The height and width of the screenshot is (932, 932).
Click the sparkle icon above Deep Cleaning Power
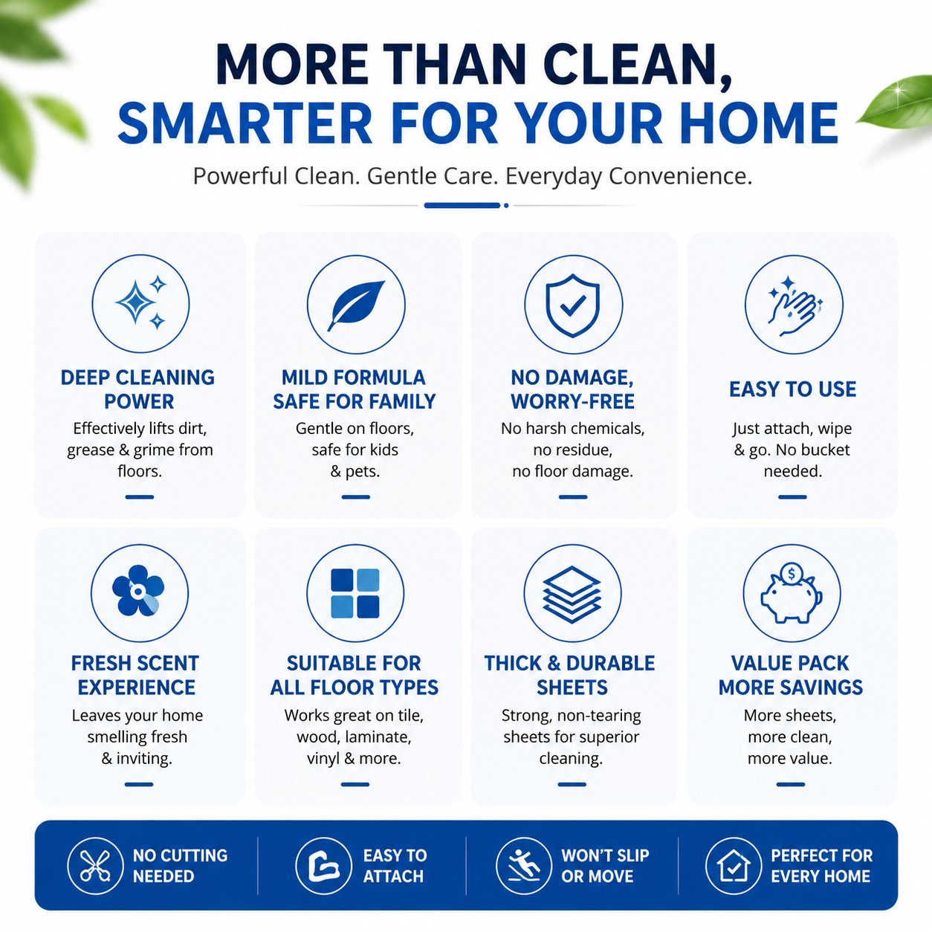click(x=140, y=303)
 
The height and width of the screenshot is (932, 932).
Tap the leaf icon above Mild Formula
click(x=356, y=305)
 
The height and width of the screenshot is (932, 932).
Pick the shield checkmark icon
click(x=573, y=305)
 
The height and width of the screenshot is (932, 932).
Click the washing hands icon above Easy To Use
click(x=794, y=305)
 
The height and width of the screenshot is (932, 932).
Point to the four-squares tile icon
click(x=355, y=593)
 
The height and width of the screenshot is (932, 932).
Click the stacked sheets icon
click(x=572, y=593)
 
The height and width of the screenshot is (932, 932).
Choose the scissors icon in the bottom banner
click(x=95, y=866)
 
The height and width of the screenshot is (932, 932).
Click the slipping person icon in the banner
click(x=524, y=866)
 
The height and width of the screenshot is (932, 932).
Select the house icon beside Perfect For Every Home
click(x=734, y=866)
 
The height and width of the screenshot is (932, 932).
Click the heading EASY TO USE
click(x=793, y=389)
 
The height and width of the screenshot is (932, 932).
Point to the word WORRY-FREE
click(x=572, y=402)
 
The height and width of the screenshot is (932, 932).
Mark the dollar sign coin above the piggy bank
click(x=792, y=574)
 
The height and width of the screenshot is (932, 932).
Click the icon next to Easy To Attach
click(x=323, y=866)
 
